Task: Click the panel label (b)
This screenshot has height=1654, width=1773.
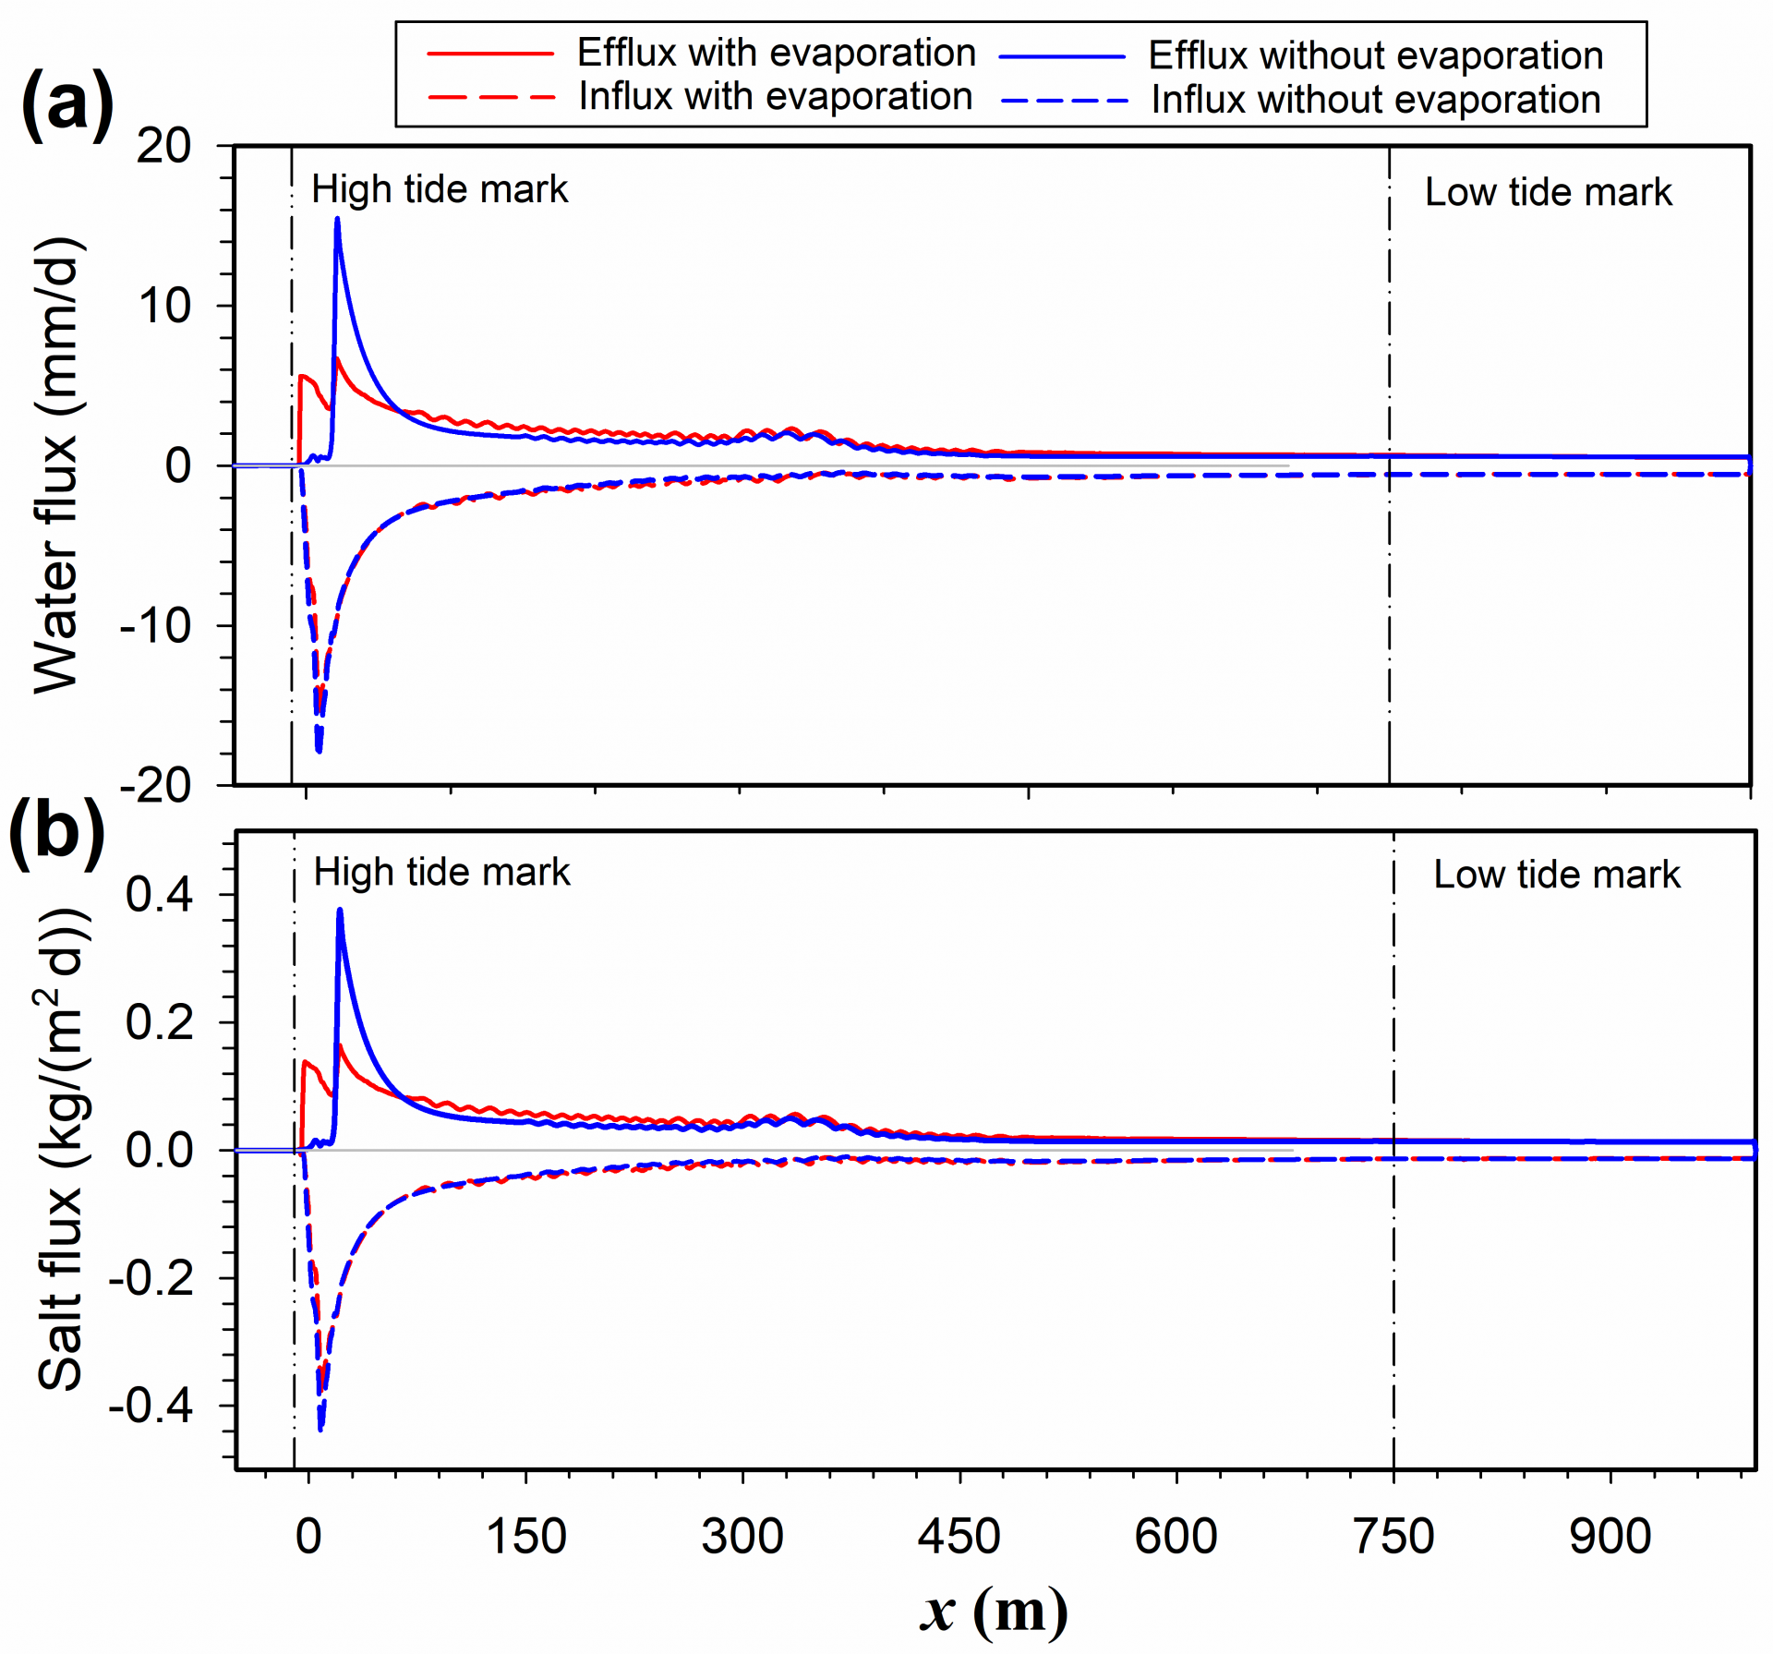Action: coord(56,831)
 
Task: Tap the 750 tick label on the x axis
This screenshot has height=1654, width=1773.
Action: coord(1393,1537)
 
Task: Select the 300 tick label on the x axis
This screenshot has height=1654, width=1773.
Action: coord(742,1537)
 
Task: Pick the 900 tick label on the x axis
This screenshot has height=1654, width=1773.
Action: coord(1610,1537)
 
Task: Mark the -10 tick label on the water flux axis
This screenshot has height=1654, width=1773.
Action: coord(155,626)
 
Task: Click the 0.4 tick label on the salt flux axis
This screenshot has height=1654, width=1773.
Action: coord(160,894)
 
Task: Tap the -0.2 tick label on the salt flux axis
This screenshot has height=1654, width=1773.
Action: coord(151,1279)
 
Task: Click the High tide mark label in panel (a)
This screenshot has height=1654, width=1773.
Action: coord(440,189)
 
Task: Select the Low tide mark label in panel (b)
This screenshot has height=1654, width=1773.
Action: coord(1556,875)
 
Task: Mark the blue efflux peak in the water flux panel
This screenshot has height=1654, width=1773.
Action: coord(337,219)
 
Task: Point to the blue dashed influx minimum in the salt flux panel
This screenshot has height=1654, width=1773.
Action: coord(320,1429)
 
